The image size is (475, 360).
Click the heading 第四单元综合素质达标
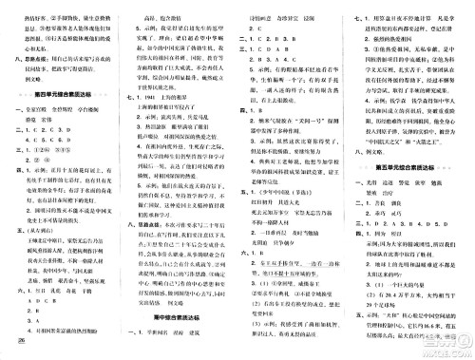pyautogui.click(x=63, y=95)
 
